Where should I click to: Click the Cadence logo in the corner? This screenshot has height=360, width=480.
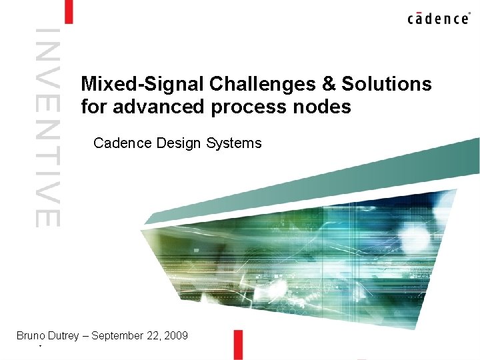click(438, 18)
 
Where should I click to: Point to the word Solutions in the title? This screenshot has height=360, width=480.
click(387, 85)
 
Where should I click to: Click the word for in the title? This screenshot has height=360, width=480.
click(94, 107)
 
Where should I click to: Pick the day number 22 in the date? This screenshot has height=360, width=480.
click(154, 335)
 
